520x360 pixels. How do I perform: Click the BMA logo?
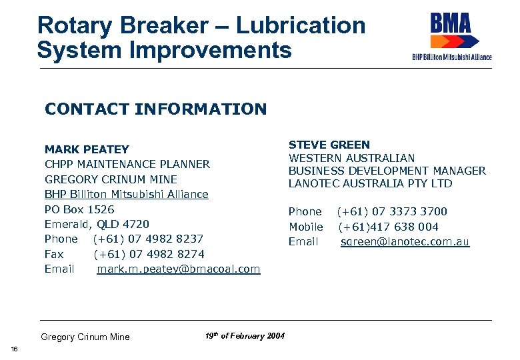(x=451, y=35)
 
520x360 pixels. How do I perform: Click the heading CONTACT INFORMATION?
(x=155, y=109)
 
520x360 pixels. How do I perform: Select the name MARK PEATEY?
(x=87, y=149)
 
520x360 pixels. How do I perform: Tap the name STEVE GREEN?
(x=329, y=145)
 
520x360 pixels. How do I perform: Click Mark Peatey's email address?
(x=179, y=269)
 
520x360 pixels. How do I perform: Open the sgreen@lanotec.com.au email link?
(x=405, y=241)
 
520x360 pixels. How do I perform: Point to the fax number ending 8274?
(x=149, y=254)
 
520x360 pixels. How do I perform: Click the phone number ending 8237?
(x=148, y=239)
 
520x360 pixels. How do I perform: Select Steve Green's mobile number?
(x=388, y=227)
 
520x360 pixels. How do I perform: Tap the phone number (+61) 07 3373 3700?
(x=392, y=211)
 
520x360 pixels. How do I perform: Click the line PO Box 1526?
(x=79, y=209)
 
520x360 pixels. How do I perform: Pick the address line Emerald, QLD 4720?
(x=97, y=224)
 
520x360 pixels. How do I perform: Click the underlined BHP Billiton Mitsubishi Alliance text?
(x=127, y=194)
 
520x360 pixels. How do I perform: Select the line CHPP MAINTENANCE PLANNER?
(x=127, y=164)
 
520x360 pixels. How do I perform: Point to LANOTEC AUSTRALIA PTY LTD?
(x=370, y=183)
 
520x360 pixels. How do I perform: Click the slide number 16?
(x=14, y=350)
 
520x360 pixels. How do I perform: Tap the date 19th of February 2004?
(x=245, y=336)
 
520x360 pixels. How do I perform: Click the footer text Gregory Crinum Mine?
(x=85, y=337)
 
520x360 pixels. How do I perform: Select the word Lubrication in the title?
(x=301, y=26)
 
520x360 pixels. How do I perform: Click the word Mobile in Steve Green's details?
(x=305, y=227)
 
